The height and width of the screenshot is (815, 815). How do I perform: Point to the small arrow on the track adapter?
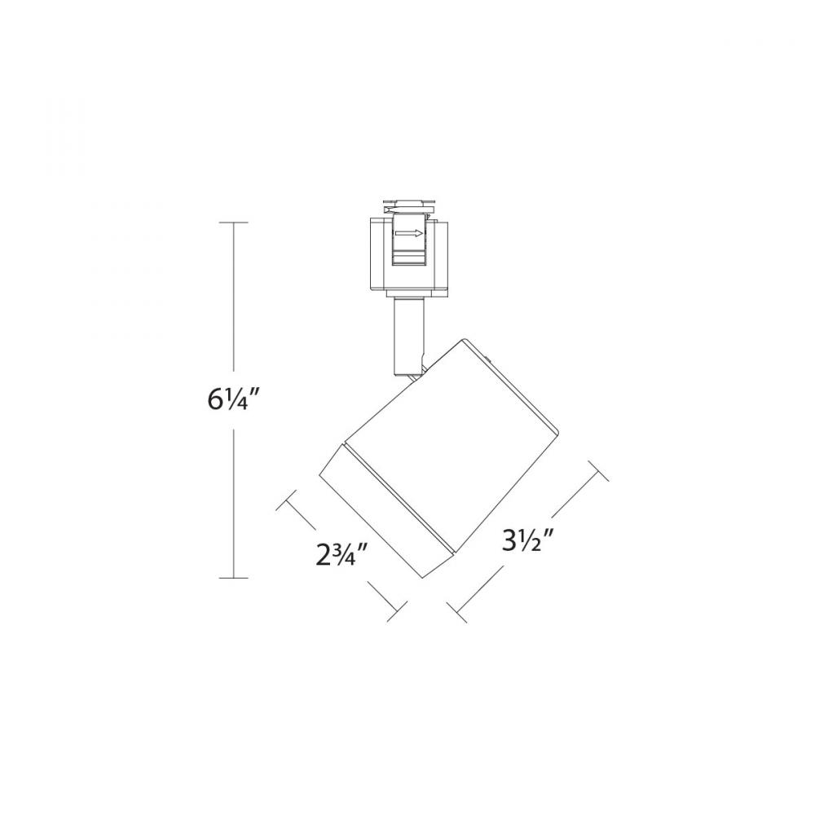click(x=409, y=234)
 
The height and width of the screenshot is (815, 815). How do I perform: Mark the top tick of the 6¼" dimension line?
click(x=235, y=222)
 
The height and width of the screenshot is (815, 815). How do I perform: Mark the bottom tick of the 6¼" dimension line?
click(x=235, y=578)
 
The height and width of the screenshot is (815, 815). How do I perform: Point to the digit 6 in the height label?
click(x=214, y=399)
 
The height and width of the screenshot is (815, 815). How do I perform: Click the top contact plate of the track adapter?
click(x=410, y=200)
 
